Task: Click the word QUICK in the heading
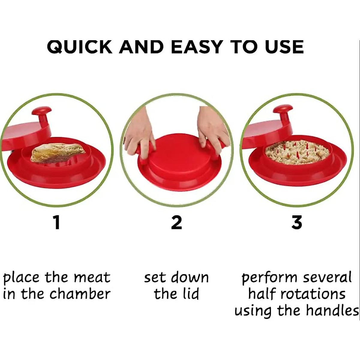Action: point(79,47)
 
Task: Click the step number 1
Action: point(57,223)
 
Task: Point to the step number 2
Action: point(176,223)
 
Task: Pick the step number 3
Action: point(296,223)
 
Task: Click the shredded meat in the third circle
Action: point(297,152)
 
